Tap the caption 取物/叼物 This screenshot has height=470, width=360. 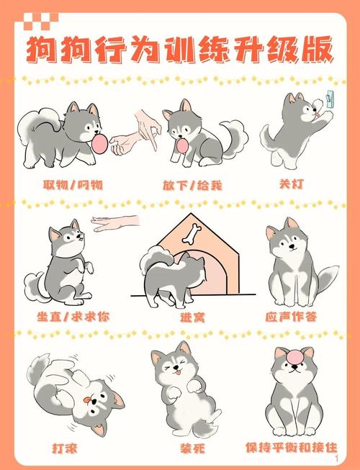[72, 185]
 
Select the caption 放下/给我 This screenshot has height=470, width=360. [191, 185]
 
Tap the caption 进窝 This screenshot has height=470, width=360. [192, 317]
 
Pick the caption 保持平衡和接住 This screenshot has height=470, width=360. [291, 448]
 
